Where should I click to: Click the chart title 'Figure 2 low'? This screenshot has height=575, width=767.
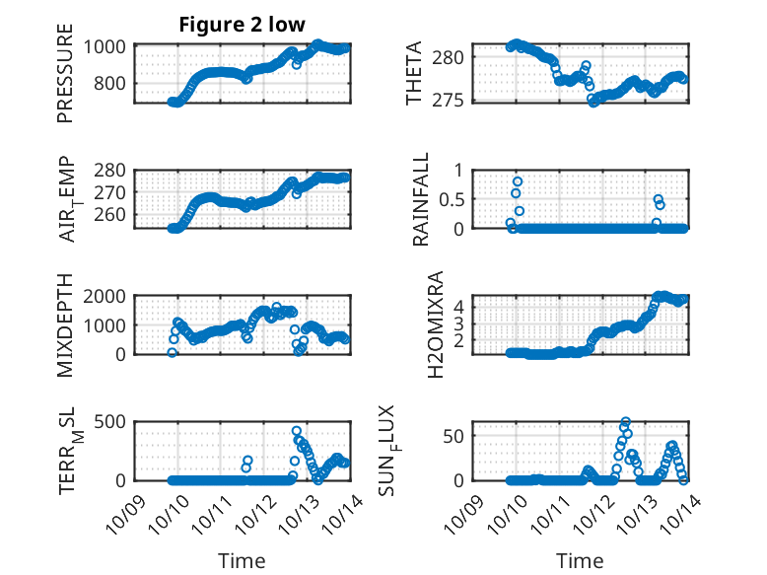click(242, 25)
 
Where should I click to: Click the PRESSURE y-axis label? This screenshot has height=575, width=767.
click(65, 80)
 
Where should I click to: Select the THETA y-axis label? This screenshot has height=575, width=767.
click(414, 73)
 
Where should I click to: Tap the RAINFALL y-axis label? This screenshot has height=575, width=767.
click(421, 199)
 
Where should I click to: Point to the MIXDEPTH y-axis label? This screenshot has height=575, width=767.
click(65, 323)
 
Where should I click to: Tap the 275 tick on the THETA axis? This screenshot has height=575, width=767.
click(453, 99)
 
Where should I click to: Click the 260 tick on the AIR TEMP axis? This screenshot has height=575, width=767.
click(111, 214)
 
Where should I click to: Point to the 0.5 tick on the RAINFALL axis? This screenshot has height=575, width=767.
click(453, 199)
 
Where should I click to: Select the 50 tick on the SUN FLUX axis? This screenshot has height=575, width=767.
click(455, 436)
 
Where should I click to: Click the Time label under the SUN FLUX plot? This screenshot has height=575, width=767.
click(580, 560)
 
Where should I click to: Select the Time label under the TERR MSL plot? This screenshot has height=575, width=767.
click(242, 560)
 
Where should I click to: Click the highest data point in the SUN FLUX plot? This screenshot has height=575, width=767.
click(625, 422)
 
